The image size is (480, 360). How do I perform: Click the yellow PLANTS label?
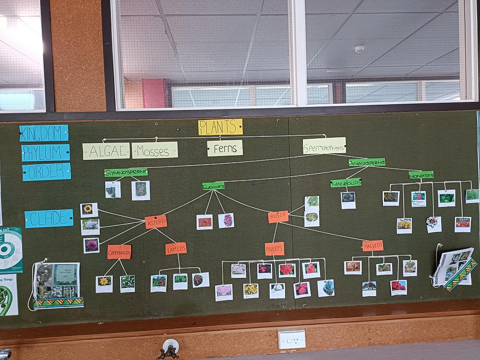(x=220, y=127)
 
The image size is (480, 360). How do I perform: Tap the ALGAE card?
(x=106, y=151)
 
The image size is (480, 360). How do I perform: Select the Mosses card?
(x=155, y=150)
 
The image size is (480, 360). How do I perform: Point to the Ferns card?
(x=225, y=148)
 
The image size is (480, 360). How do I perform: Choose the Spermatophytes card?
(x=324, y=146)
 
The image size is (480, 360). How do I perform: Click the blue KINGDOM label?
(x=44, y=133)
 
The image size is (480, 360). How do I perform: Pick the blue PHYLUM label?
(x=45, y=153)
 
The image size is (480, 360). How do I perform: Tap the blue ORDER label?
(x=46, y=172)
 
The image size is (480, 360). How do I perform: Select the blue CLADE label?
(x=49, y=218)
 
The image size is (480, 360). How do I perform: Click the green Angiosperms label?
(x=367, y=162)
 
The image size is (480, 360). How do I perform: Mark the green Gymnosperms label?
(x=126, y=172)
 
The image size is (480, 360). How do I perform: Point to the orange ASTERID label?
(x=156, y=222)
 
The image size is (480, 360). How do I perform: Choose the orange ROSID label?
(x=278, y=216)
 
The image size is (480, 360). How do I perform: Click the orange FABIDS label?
(x=275, y=249)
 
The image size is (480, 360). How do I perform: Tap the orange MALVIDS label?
(x=372, y=246)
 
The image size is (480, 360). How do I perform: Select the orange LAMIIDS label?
(x=176, y=248)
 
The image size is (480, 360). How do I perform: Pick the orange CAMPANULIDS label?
(x=119, y=252)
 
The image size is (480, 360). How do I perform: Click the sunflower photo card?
(x=89, y=210)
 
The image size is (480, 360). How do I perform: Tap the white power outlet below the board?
(x=291, y=339)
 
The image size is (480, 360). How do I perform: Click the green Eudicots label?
(x=213, y=186)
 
